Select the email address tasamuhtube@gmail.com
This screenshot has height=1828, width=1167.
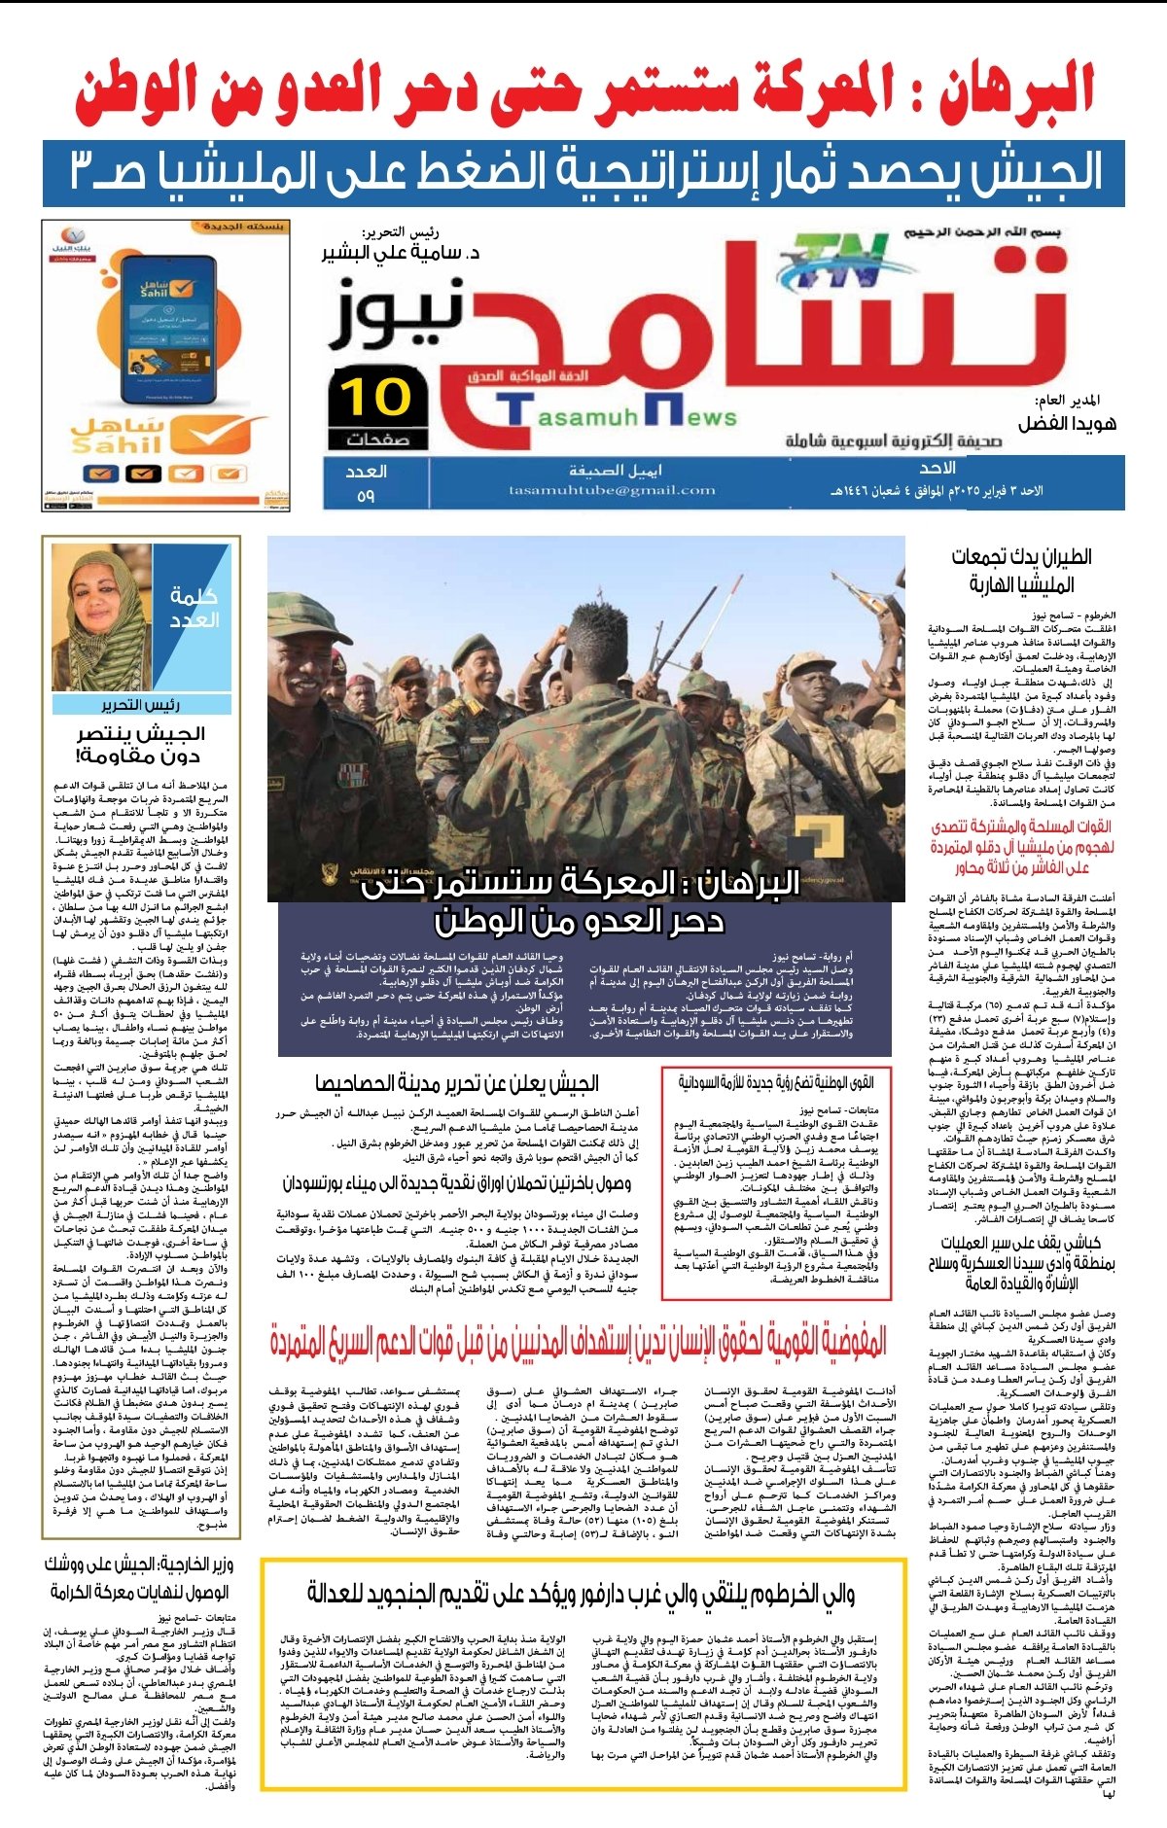(x=612, y=490)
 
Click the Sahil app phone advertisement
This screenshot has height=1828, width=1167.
(x=164, y=365)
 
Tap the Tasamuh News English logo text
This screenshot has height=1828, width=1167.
(x=622, y=415)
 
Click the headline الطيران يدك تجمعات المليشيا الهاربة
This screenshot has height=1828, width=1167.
(x=1021, y=570)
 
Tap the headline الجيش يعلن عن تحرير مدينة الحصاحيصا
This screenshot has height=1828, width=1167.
(x=456, y=1083)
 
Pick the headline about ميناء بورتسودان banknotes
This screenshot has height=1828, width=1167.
(x=456, y=1183)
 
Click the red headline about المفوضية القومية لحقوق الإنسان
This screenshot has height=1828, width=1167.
(x=579, y=1343)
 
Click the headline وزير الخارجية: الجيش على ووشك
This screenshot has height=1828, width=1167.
(x=139, y=1578)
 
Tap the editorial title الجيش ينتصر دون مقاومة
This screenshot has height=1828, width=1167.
(x=140, y=744)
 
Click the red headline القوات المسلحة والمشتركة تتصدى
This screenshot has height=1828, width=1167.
(x=1021, y=847)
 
